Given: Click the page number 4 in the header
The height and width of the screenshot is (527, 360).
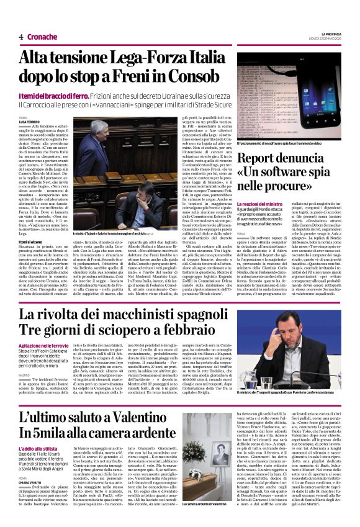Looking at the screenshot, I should (12, 37).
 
